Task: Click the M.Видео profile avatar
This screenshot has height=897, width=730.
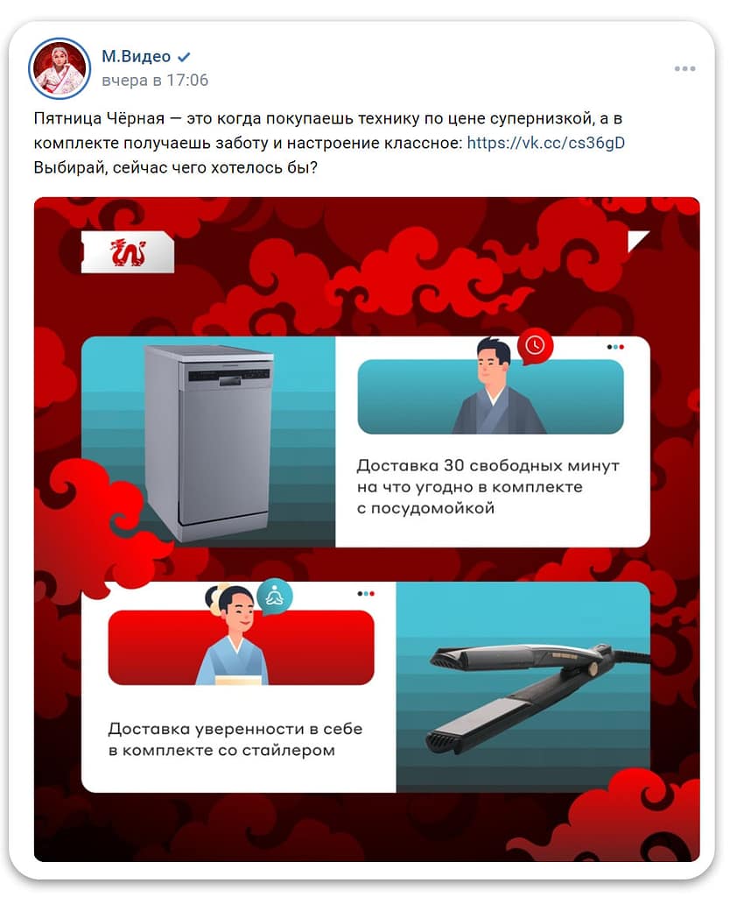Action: [x=60, y=68]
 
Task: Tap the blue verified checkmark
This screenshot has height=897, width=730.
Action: [x=184, y=57]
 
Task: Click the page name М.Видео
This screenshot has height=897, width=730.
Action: [x=136, y=56]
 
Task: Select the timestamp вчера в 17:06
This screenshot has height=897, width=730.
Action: [x=155, y=80]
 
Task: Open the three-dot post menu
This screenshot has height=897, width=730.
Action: [x=684, y=68]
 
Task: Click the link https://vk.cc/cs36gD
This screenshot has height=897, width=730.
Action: [x=546, y=143]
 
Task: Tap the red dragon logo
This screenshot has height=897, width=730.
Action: [x=128, y=252]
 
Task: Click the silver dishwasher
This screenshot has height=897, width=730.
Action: [x=209, y=442]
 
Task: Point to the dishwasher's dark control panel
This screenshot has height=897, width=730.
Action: [x=228, y=375]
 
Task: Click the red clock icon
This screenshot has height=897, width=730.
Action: [x=535, y=345]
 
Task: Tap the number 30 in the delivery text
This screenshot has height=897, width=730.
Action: [x=454, y=465]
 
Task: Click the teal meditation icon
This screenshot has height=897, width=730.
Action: [x=274, y=597]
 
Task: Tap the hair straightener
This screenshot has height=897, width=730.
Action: [x=538, y=695]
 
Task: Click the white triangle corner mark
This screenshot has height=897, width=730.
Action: [x=636, y=240]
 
